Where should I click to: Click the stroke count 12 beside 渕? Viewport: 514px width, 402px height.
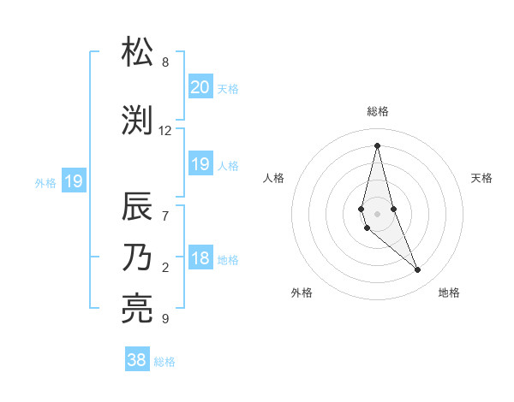point(165,131)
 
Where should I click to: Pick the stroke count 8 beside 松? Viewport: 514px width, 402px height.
point(165,62)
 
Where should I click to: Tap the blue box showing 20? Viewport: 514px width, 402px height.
point(200,87)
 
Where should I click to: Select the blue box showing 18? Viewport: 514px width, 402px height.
point(200,259)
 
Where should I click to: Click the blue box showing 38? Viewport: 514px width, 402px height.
point(137,360)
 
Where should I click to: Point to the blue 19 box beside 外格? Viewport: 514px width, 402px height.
point(74,181)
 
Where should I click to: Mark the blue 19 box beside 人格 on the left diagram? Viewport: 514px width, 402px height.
point(200,164)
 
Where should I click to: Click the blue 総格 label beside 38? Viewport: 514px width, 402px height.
point(164,362)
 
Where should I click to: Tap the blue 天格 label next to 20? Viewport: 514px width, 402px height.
point(228,89)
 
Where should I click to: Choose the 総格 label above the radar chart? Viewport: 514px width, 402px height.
point(378,111)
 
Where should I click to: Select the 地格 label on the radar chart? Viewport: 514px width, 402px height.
point(449,293)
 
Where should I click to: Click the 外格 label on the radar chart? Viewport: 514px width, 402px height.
point(302,293)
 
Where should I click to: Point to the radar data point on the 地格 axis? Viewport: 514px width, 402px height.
point(418,270)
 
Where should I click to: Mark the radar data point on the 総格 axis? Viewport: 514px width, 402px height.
point(377,145)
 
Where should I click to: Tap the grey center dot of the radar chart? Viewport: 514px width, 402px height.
point(377,214)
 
